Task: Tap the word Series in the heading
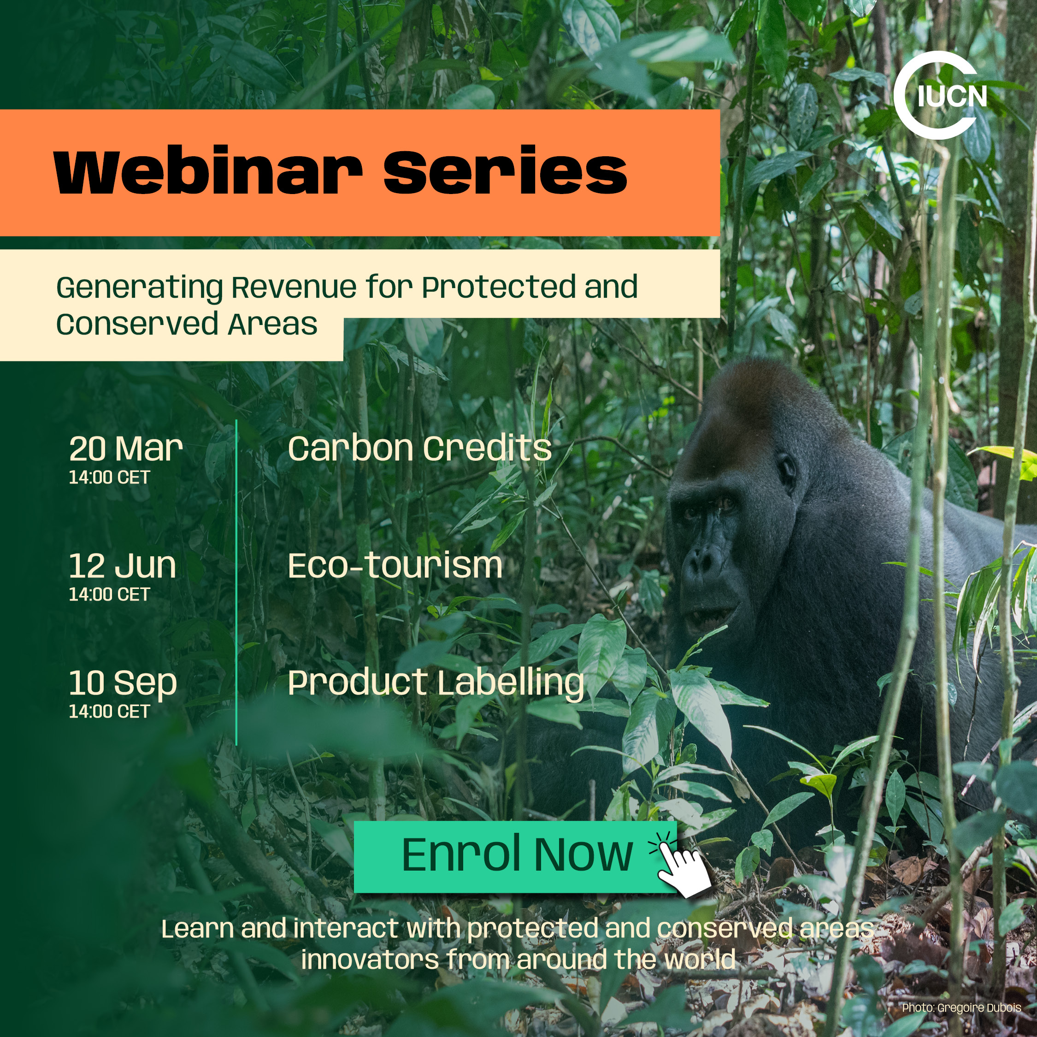[x=505, y=171]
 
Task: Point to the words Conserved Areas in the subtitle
[x=187, y=324]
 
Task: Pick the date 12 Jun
[x=123, y=566]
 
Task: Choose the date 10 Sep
[x=123, y=683]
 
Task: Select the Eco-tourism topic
[x=395, y=566]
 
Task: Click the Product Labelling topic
[x=436, y=683]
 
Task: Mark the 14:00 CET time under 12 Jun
[x=110, y=594]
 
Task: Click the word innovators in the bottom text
[x=370, y=959]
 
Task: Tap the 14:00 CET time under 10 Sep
[x=110, y=711]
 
